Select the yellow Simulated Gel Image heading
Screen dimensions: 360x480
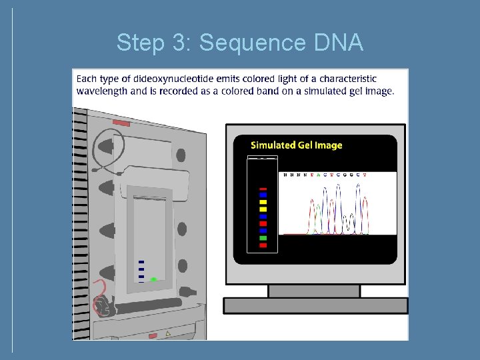pos(296,145)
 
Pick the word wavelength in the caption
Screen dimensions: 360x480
pos(102,91)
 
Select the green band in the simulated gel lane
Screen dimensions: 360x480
pos(263,238)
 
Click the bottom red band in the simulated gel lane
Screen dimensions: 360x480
pos(263,245)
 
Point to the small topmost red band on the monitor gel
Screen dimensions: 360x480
pos(263,189)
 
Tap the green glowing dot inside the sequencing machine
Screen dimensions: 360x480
pos(153,279)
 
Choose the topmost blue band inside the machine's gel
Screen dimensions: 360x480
pos(141,262)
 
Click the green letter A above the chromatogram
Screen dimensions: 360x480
pos(317,175)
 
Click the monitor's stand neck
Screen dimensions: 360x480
pos(314,291)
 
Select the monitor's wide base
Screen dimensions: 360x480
pos(315,305)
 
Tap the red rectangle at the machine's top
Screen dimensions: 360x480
pos(121,123)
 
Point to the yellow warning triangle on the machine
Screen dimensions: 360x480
pos(168,333)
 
